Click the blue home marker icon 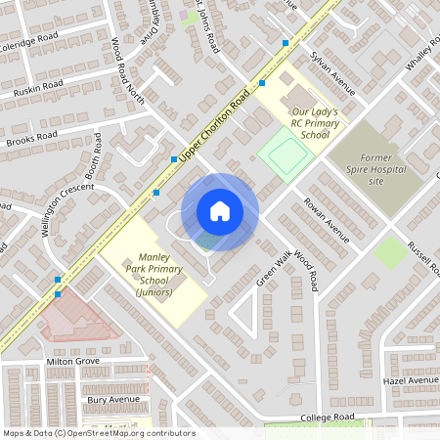pyautogui.click(x=220, y=211)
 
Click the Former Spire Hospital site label pyautogui.click(x=375, y=168)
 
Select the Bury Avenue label pyautogui.click(x=110, y=400)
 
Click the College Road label pyautogui.click(x=327, y=418)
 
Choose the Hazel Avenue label pyautogui.click(x=410, y=379)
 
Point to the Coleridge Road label pyautogui.click(x=29, y=43)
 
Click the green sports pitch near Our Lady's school pyautogui.click(x=282, y=154)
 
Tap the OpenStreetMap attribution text pyautogui.click(x=99, y=433)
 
